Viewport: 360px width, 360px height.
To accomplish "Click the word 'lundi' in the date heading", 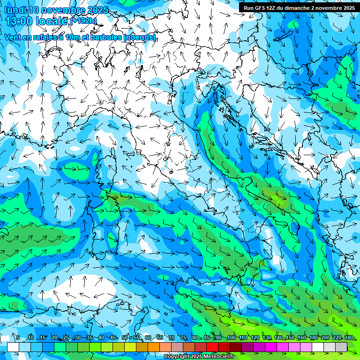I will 15,10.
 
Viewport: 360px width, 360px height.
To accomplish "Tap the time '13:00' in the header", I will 19,21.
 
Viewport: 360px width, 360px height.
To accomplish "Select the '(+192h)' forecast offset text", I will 83,21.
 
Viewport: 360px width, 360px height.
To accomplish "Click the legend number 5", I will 17,338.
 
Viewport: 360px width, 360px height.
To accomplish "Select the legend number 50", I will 125,338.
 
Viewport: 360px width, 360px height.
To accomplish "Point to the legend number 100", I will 231,338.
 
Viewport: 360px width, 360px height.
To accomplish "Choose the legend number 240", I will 349,338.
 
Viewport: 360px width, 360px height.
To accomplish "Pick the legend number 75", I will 183,338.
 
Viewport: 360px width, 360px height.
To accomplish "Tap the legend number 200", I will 325,338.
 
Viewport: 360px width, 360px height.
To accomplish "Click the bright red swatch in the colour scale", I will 212,347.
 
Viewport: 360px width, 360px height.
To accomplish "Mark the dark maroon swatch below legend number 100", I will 236,347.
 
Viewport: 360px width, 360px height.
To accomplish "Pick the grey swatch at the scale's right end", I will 341,347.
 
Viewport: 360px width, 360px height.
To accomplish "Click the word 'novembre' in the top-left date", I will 64,10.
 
